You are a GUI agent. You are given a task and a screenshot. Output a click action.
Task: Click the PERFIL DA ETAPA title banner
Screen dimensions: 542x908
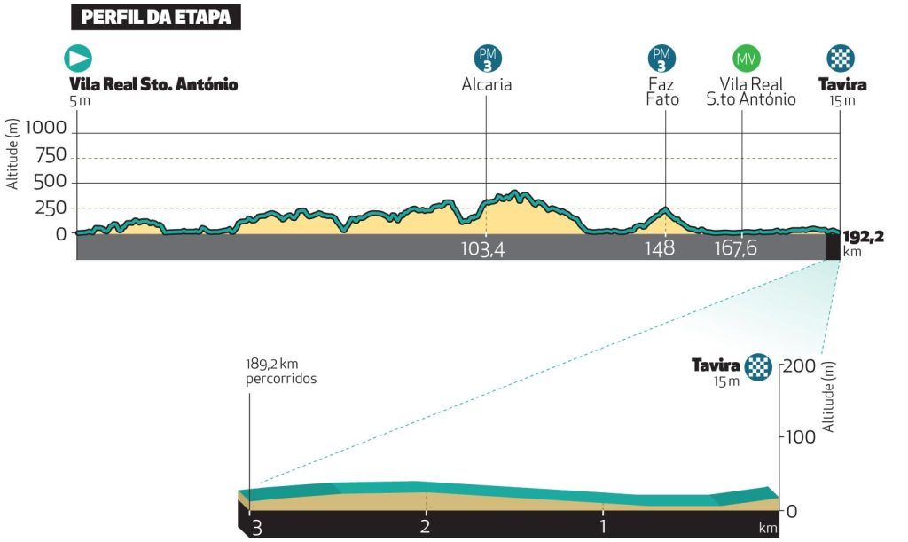[x=155, y=17]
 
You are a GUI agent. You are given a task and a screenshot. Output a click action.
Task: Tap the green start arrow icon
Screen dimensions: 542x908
[x=78, y=59]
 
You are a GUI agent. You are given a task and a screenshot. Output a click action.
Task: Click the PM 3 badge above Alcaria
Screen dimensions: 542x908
[x=487, y=59]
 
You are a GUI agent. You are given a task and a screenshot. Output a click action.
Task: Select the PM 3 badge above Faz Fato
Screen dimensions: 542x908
[x=661, y=59]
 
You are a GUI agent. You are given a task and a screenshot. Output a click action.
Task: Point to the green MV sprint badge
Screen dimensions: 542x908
[x=746, y=59]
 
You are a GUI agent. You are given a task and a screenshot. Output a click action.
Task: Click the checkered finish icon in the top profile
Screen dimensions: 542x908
[x=840, y=59]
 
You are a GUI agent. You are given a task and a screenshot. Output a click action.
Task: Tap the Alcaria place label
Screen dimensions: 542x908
[x=487, y=85]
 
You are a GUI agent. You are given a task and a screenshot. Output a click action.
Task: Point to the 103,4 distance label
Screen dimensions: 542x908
[x=483, y=249]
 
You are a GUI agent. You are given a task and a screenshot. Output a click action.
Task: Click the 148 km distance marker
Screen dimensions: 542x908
[x=661, y=249]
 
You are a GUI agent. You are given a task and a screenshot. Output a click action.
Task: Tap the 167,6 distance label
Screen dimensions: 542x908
[x=736, y=249]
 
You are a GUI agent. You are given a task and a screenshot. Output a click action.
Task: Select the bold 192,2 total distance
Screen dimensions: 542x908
[x=864, y=236]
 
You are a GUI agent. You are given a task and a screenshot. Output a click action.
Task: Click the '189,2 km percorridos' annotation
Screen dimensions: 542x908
[x=281, y=371]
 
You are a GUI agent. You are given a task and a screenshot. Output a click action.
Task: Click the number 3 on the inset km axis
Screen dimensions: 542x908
[x=257, y=527]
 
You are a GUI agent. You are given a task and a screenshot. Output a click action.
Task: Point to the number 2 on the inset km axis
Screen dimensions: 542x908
[x=426, y=527]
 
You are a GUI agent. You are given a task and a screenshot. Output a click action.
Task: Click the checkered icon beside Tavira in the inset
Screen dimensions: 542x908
[x=758, y=365]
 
